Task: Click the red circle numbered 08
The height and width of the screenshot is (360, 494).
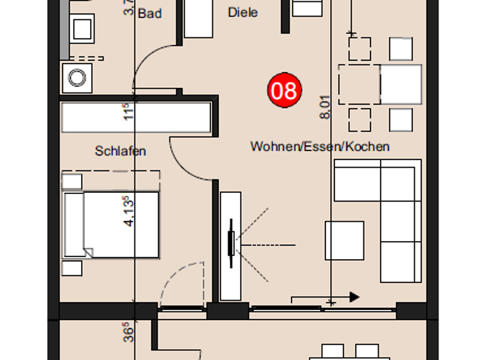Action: [x=284, y=91]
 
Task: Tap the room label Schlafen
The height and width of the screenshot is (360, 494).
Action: [x=120, y=151]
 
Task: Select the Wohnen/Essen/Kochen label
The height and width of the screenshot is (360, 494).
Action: [x=320, y=147]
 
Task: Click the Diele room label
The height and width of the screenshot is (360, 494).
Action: [x=242, y=12]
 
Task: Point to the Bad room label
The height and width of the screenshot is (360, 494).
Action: [x=150, y=13]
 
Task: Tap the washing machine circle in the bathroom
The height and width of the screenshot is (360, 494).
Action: [x=77, y=78]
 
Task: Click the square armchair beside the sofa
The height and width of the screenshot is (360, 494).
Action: [x=344, y=240]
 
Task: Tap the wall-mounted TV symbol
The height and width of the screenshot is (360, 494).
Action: [x=231, y=244]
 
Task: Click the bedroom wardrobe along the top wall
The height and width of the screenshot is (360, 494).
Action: [x=136, y=117]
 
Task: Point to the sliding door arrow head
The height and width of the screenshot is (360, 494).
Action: [x=354, y=297]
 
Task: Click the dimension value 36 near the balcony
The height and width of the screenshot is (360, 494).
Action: [x=128, y=334]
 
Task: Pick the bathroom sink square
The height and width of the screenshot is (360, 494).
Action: [x=83, y=28]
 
